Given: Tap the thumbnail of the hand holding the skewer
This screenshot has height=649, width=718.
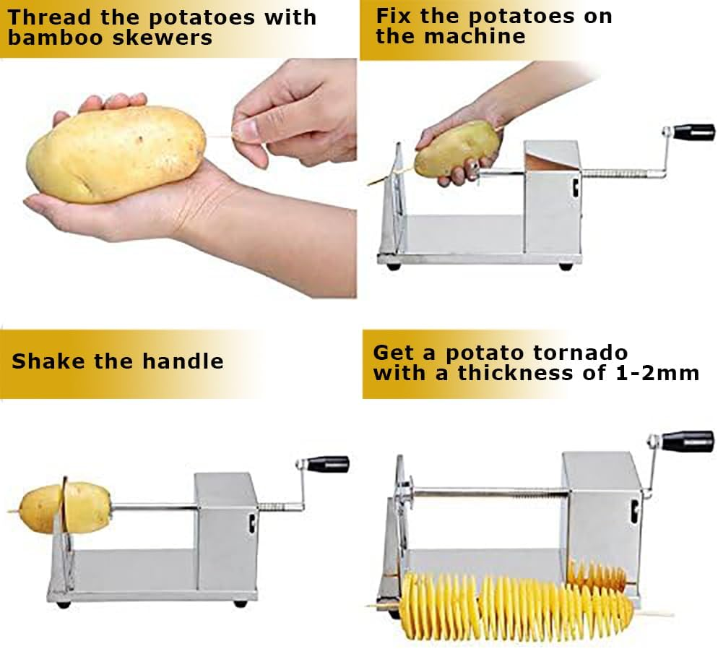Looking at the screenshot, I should [x=247, y=129].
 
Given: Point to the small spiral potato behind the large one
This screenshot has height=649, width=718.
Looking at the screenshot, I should [x=597, y=575].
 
